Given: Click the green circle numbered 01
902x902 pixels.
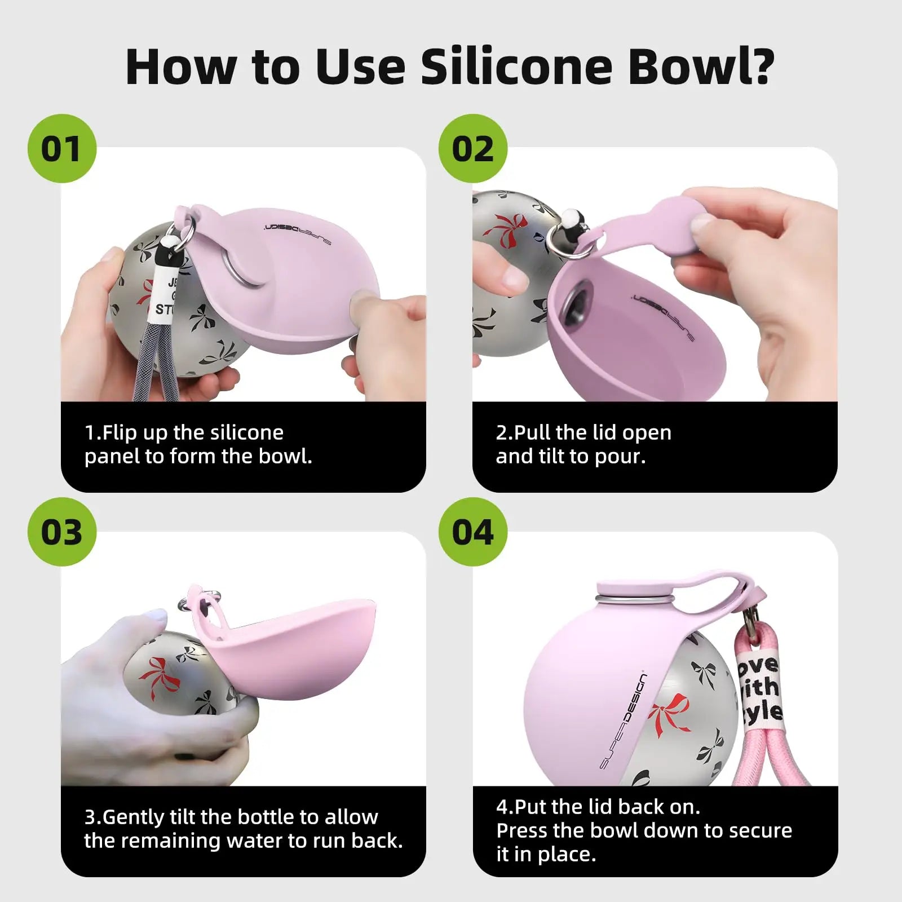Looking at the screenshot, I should click(x=61, y=148).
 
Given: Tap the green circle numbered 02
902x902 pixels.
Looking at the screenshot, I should click(x=472, y=148).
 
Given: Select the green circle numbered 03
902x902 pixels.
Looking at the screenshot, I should click(x=61, y=532).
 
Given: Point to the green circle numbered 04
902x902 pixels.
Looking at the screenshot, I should click(x=472, y=532).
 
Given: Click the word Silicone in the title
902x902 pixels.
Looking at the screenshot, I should click(x=516, y=67).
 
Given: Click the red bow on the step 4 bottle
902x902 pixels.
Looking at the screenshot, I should click(x=670, y=715).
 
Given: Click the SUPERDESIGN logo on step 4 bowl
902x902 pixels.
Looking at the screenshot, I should click(x=624, y=721).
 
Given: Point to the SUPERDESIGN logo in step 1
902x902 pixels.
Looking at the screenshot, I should click(x=297, y=234).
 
